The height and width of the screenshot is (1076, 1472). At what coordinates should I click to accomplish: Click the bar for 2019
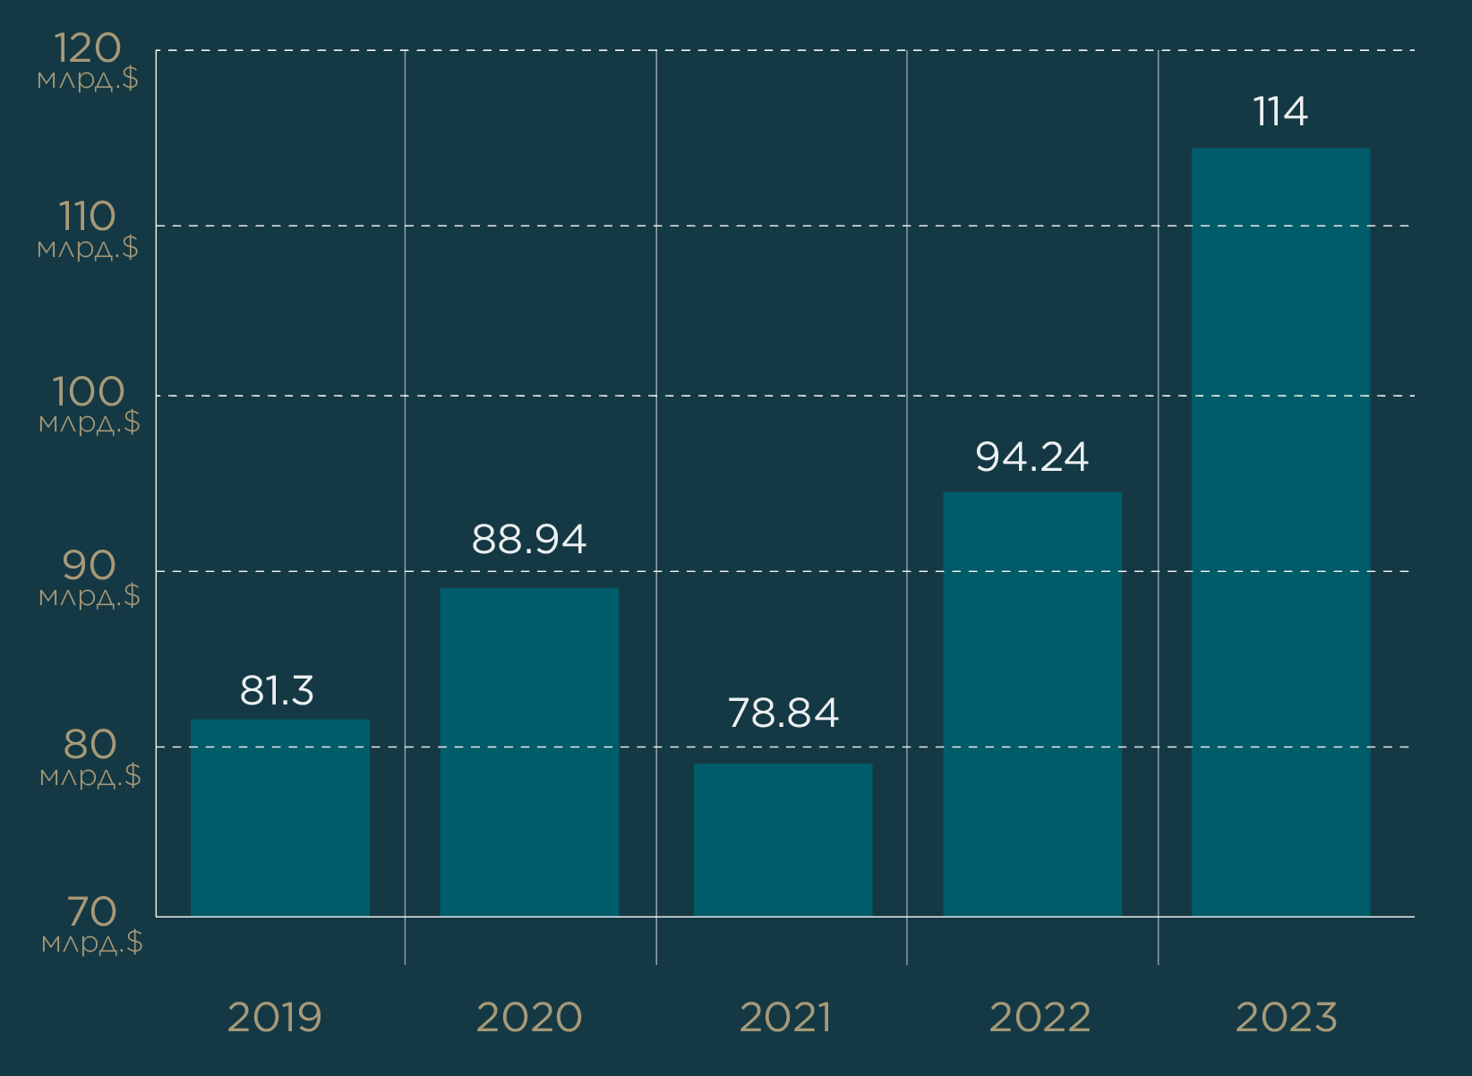(x=280, y=817)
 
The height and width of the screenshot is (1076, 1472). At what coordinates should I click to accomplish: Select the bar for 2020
(x=529, y=752)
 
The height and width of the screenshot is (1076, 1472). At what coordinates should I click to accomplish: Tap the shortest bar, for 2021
(x=783, y=840)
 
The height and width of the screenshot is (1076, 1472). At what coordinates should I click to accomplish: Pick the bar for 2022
(x=1032, y=704)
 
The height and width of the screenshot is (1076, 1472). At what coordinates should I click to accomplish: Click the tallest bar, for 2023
(x=1280, y=532)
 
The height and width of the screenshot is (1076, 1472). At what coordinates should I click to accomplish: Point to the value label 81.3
(x=277, y=690)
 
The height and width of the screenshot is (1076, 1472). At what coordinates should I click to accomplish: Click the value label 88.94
(x=529, y=539)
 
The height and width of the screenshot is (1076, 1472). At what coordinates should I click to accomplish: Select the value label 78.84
(x=783, y=713)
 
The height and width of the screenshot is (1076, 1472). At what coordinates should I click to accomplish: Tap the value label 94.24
(x=1031, y=457)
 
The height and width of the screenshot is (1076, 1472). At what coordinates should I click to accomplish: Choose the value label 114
(x=1280, y=112)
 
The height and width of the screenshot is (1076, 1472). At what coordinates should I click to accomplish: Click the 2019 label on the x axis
(x=274, y=1017)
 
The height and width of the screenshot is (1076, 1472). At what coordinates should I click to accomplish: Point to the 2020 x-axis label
(x=529, y=1017)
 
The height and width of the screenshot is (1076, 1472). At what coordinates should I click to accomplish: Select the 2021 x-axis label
(x=785, y=1017)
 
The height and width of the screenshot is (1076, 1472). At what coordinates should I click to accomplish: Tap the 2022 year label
(x=1040, y=1017)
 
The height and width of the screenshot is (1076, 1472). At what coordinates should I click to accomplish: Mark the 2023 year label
(x=1287, y=1017)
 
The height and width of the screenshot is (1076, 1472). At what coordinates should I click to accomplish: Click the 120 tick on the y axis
(x=87, y=48)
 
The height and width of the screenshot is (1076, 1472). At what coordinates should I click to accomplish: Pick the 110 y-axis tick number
(x=87, y=217)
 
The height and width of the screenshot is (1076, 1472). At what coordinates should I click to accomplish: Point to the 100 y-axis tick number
(x=88, y=391)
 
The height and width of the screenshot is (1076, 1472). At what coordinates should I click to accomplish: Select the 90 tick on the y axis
(x=89, y=566)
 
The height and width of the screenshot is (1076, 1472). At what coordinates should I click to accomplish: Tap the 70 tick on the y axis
(x=91, y=911)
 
